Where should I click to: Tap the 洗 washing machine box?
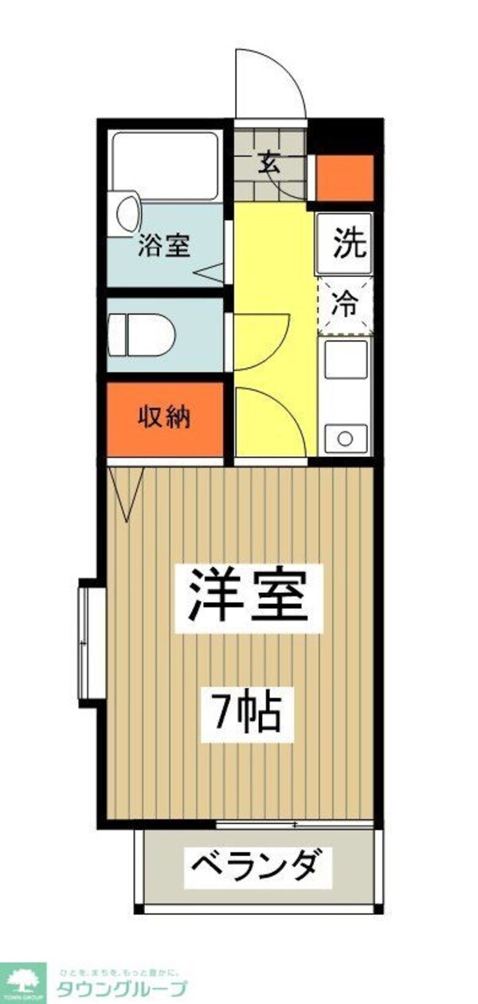coord(346,243)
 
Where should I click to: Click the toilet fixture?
coord(141,334)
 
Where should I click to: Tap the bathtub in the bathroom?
coord(165,166)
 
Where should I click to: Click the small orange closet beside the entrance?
coord(345,178)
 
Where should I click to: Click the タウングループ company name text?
coord(121,988)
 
